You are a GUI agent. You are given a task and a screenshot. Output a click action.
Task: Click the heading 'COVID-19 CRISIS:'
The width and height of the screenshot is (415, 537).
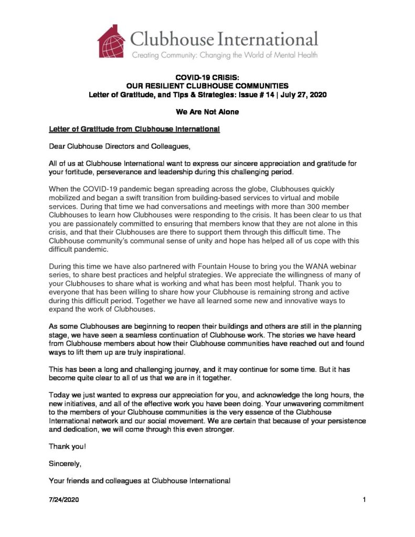(x=207, y=78)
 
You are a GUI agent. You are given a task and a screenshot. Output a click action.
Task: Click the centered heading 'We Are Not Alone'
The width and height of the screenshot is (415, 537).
(x=207, y=112)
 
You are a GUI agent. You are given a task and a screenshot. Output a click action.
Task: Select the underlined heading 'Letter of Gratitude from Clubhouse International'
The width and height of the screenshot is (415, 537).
(x=137, y=129)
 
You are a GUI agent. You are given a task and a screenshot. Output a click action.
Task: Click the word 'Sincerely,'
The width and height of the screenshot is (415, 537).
(x=65, y=464)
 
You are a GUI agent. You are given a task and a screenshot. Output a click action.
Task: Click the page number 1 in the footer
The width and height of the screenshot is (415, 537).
(x=364, y=501)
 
